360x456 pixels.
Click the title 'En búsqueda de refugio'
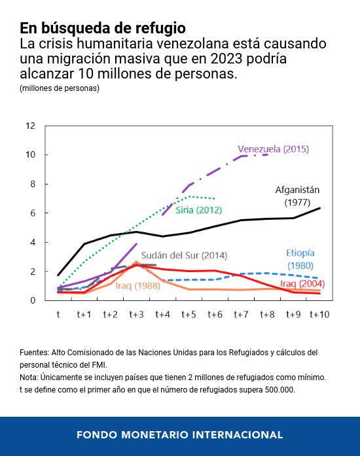[x=102, y=28]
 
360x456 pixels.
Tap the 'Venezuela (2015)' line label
[x=273, y=149]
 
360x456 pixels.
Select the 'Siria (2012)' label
[x=199, y=210]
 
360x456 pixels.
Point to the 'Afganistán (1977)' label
[x=297, y=196]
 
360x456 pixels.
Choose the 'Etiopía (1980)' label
[x=300, y=259]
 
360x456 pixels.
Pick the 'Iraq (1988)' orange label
[x=138, y=286]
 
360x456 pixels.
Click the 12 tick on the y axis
[x=30, y=126]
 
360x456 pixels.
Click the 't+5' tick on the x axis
[x=189, y=315]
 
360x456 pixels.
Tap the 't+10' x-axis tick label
[x=319, y=315]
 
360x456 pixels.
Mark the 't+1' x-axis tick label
[x=84, y=315]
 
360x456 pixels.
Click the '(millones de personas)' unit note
[x=60, y=88]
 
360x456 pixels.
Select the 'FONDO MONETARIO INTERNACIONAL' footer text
[x=180, y=434]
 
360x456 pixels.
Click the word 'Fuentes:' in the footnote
[x=36, y=353]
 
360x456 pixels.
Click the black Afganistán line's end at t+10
[x=319, y=208]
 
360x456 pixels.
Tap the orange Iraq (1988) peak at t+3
[x=136, y=262]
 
